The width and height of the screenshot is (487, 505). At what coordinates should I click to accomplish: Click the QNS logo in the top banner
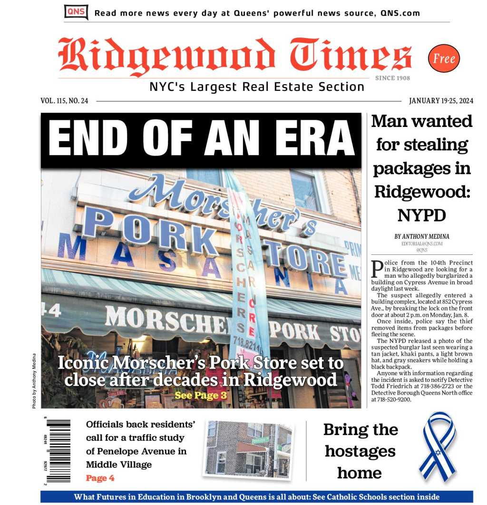[x=76, y=12]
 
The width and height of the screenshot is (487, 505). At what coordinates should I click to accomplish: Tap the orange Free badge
[x=444, y=58]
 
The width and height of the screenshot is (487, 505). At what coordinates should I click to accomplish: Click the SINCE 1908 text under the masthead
[x=392, y=78]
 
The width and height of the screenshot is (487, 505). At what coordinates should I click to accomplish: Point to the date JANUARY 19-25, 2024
[x=441, y=101]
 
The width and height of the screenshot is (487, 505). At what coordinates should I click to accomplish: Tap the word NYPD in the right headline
[x=421, y=215]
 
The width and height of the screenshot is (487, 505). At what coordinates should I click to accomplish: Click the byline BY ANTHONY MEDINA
[x=421, y=236]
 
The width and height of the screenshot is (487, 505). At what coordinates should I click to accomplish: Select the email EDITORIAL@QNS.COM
[x=421, y=243]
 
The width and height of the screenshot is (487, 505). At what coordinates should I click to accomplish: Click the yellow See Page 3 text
[x=200, y=395]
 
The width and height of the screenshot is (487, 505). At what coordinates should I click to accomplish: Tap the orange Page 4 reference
[x=100, y=478]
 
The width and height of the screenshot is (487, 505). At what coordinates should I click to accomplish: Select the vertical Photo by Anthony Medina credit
[x=34, y=380]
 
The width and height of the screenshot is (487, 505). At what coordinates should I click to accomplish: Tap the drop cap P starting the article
[x=377, y=268]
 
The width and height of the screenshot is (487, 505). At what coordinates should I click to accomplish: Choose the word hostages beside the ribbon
[x=360, y=451]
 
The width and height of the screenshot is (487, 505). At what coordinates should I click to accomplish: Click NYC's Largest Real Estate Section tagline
[x=257, y=87]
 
